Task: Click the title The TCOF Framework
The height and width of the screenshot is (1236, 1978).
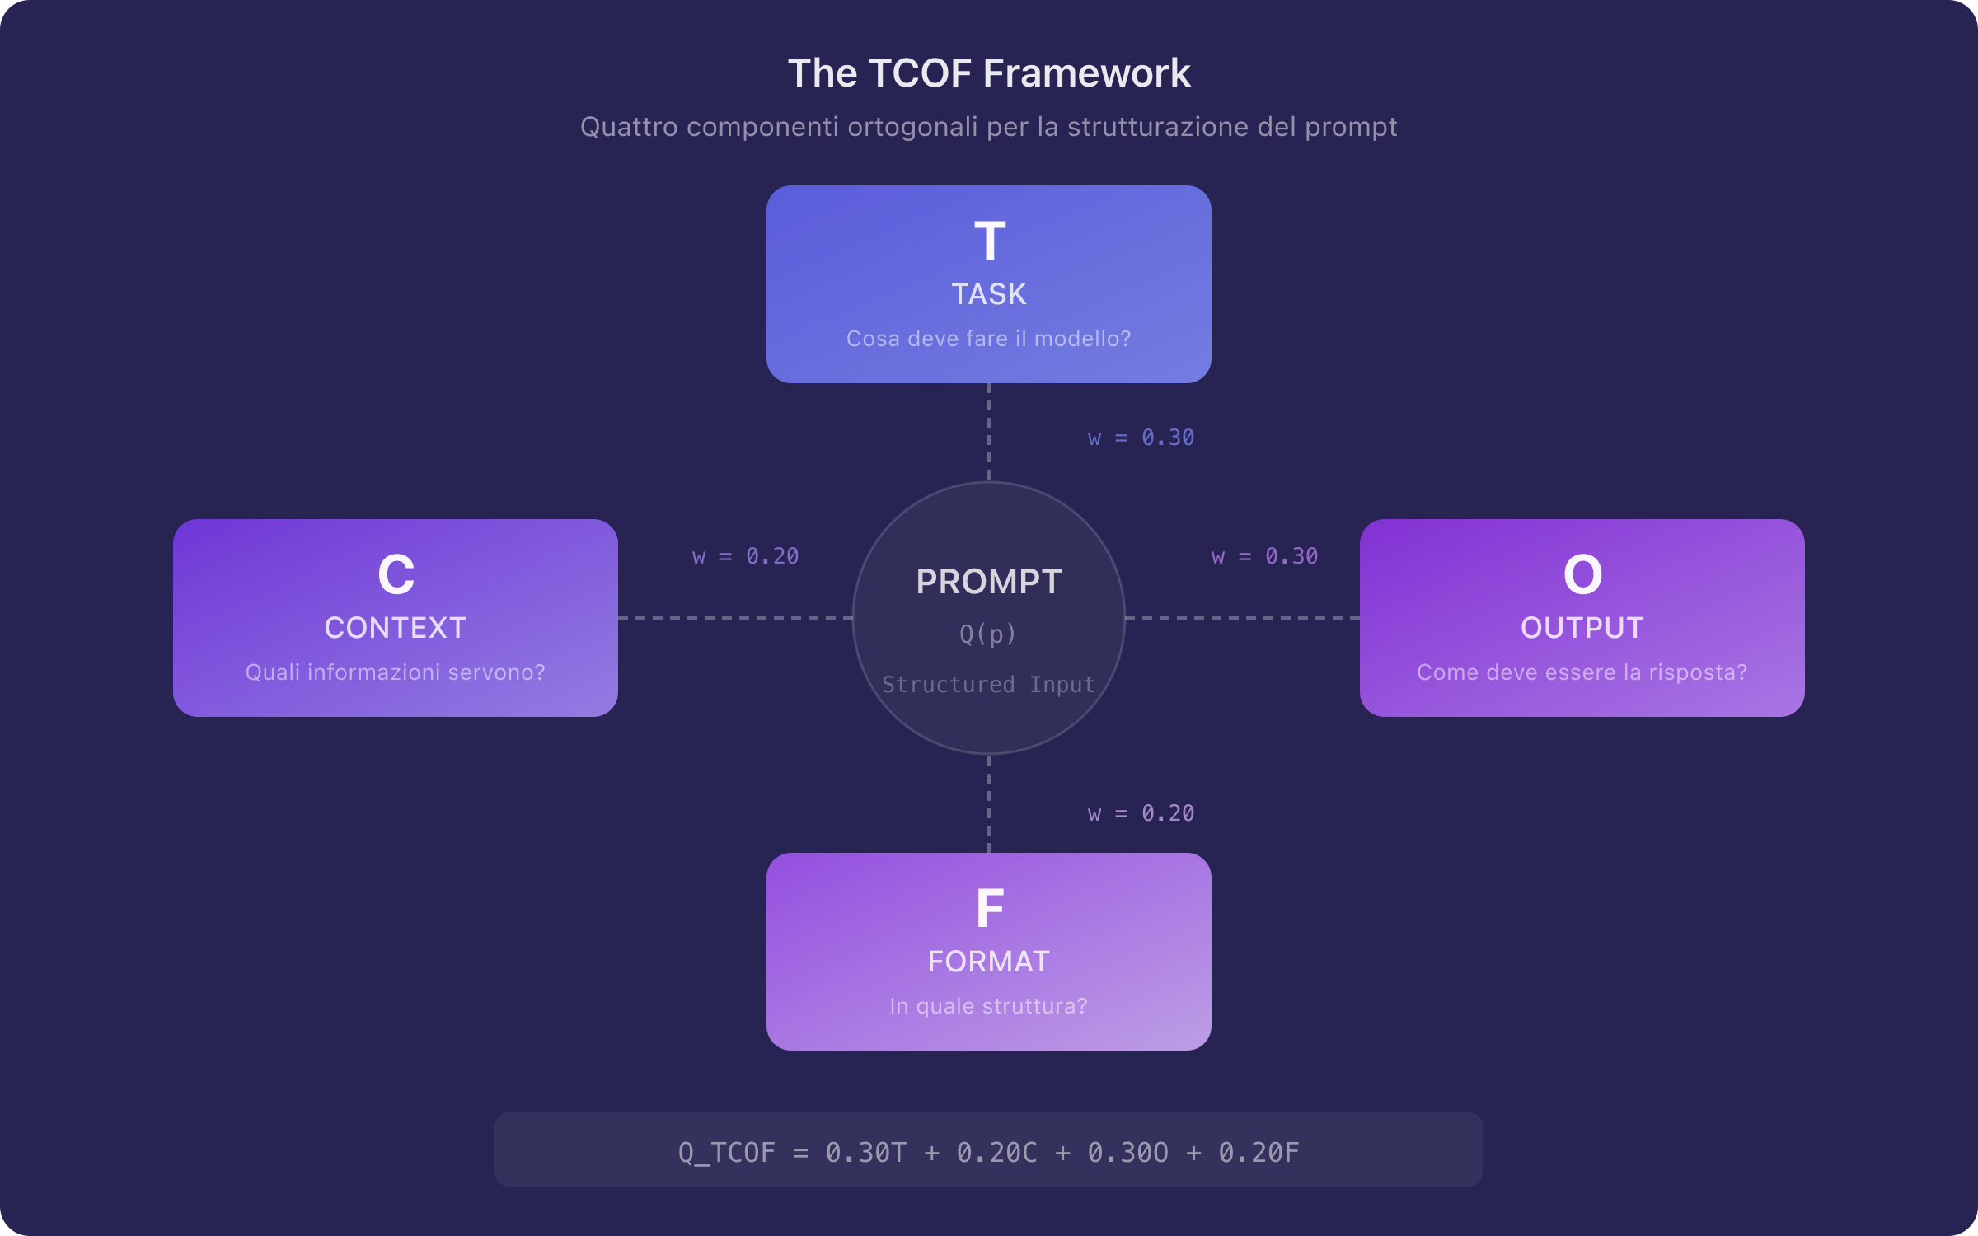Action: (x=988, y=73)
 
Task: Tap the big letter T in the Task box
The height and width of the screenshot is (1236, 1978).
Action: (x=989, y=241)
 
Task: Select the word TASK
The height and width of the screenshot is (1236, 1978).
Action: (x=989, y=294)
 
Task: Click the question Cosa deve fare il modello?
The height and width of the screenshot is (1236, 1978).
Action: (x=988, y=339)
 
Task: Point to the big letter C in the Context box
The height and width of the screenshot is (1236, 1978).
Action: (x=396, y=574)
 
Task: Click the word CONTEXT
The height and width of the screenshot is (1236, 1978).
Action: (x=396, y=628)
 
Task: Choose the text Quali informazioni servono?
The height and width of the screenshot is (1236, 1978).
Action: (x=396, y=672)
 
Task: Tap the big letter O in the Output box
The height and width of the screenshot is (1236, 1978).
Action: (x=1582, y=574)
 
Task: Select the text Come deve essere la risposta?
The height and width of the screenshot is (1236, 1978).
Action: (x=1582, y=672)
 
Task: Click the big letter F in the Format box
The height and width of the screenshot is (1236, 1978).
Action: (x=989, y=908)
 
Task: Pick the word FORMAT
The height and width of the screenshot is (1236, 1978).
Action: (x=989, y=962)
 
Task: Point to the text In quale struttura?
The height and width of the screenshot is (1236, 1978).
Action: (x=988, y=1006)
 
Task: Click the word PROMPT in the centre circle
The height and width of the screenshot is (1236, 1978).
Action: (x=988, y=582)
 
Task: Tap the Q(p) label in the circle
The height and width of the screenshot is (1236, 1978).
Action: (x=987, y=634)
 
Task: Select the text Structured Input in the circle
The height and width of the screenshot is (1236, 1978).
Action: (x=988, y=685)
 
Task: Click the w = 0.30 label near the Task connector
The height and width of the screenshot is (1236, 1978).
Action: (x=1141, y=438)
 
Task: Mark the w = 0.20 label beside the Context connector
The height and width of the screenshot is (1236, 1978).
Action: (x=745, y=556)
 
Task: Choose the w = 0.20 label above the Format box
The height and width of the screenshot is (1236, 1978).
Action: (x=1141, y=813)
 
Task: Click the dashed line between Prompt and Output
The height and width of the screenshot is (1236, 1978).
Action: (x=1242, y=618)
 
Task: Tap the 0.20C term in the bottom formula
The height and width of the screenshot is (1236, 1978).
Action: (x=996, y=1152)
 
